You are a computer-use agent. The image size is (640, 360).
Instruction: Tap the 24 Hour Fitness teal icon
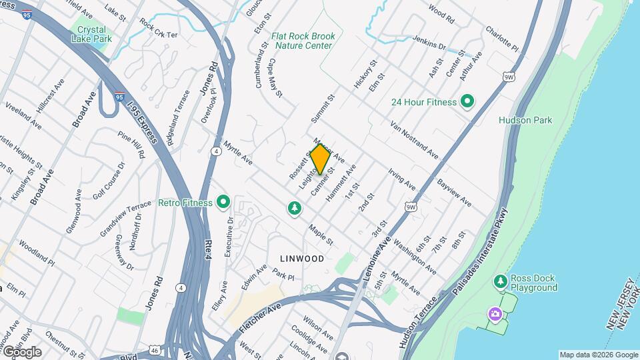click(x=467, y=102)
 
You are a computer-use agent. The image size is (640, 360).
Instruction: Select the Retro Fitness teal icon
click(x=223, y=202)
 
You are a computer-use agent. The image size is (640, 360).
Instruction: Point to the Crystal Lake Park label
click(x=92, y=35)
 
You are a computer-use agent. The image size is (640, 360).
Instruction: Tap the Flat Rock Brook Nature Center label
click(x=302, y=41)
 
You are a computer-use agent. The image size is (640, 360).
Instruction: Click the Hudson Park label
click(x=525, y=121)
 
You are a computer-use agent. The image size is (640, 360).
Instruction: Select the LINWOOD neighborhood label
click(x=302, y=259)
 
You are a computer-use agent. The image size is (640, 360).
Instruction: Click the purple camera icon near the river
click(x=495, y=313)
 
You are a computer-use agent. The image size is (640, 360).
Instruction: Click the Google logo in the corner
click(x=22, y=352)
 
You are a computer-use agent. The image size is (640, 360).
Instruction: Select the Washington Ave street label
click(x=415, y=255)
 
